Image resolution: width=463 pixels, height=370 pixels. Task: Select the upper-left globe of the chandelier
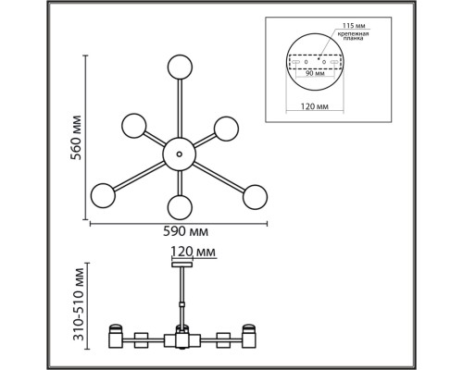pos(134,126)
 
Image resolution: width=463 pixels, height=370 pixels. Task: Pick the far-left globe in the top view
pos(102,196)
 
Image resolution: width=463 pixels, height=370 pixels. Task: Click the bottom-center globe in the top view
pos(179,205)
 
